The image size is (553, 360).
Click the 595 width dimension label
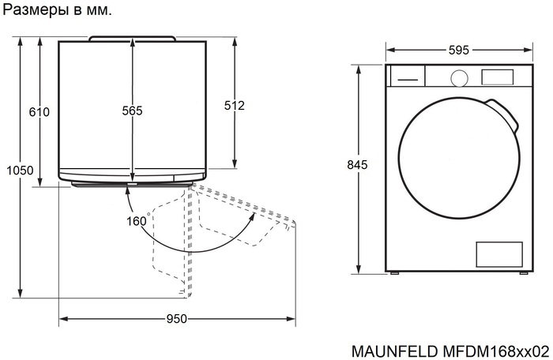coord(458,50)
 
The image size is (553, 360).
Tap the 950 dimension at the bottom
coord(176,319)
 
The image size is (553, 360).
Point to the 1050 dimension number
coord(19,170)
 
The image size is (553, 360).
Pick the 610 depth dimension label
coord(39,112)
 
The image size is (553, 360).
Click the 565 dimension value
coord(132,111)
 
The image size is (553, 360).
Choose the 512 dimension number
coord(235,105)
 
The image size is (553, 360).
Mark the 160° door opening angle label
coord(137,221)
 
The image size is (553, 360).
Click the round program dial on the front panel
coord(457,77)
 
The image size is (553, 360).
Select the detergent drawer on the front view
coord(407,77)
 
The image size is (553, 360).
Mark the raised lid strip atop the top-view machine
coord(132,38)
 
